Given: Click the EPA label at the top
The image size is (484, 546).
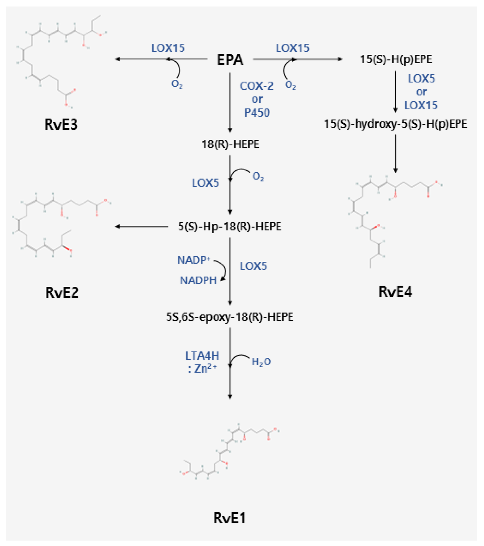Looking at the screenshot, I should tap(230, 60).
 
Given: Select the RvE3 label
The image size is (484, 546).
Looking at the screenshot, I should tap(61, 124).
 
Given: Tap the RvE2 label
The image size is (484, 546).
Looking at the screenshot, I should tap(62, 292).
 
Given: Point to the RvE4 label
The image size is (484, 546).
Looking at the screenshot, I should tap(395, 292).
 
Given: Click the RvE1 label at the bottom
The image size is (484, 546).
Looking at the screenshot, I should tap(229, 518).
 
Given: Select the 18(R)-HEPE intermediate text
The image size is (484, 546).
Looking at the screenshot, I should tap(230, 144).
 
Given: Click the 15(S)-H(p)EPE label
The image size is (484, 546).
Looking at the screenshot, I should tap(396, 59).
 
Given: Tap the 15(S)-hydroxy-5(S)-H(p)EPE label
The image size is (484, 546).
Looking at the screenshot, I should tap(395, 124).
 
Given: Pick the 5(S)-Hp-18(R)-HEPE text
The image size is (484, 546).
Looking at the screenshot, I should tap(229, 226).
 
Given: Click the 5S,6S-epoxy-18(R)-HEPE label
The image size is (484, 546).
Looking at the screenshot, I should tap(229, 317).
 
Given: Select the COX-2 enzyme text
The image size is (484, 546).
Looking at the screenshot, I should tap(256, 86).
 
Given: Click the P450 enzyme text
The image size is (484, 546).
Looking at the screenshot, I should tap(257, 113).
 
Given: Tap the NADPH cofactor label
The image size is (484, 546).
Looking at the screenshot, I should tap(198, 280).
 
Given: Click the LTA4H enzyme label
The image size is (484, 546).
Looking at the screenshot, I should tap(202, 356).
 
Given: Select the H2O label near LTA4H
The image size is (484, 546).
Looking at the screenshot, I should tap(261, 362).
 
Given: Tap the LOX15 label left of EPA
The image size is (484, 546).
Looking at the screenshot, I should tap(168, 48).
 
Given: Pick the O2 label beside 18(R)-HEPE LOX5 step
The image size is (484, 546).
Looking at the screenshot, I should tap(258, 177).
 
